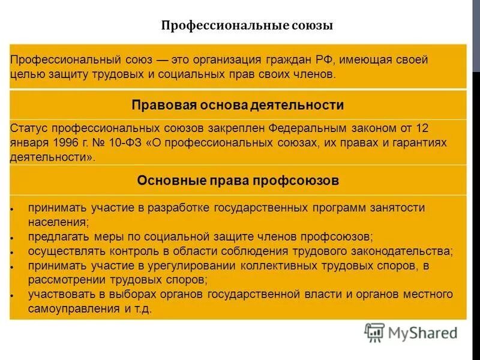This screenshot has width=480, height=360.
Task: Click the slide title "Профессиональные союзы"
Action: pos(247,26)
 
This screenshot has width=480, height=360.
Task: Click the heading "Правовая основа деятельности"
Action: pos(238,105)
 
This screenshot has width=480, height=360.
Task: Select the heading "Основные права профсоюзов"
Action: pos(238,180)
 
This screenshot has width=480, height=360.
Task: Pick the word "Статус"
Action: pos(29,128)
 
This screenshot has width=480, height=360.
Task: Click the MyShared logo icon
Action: pos(374,332)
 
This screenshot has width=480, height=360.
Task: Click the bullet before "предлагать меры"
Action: pos(13,238)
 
